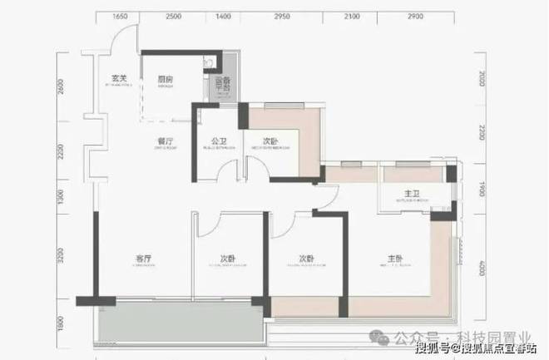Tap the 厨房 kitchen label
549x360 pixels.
[x=166, y=79]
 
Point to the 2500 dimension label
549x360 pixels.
[x=174, y=17]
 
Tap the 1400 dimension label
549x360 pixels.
[x=223, y=17]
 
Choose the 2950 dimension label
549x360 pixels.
[x=282, y=17]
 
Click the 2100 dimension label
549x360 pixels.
[x=352, y=17]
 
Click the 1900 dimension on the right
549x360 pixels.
[x=482, y=190]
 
